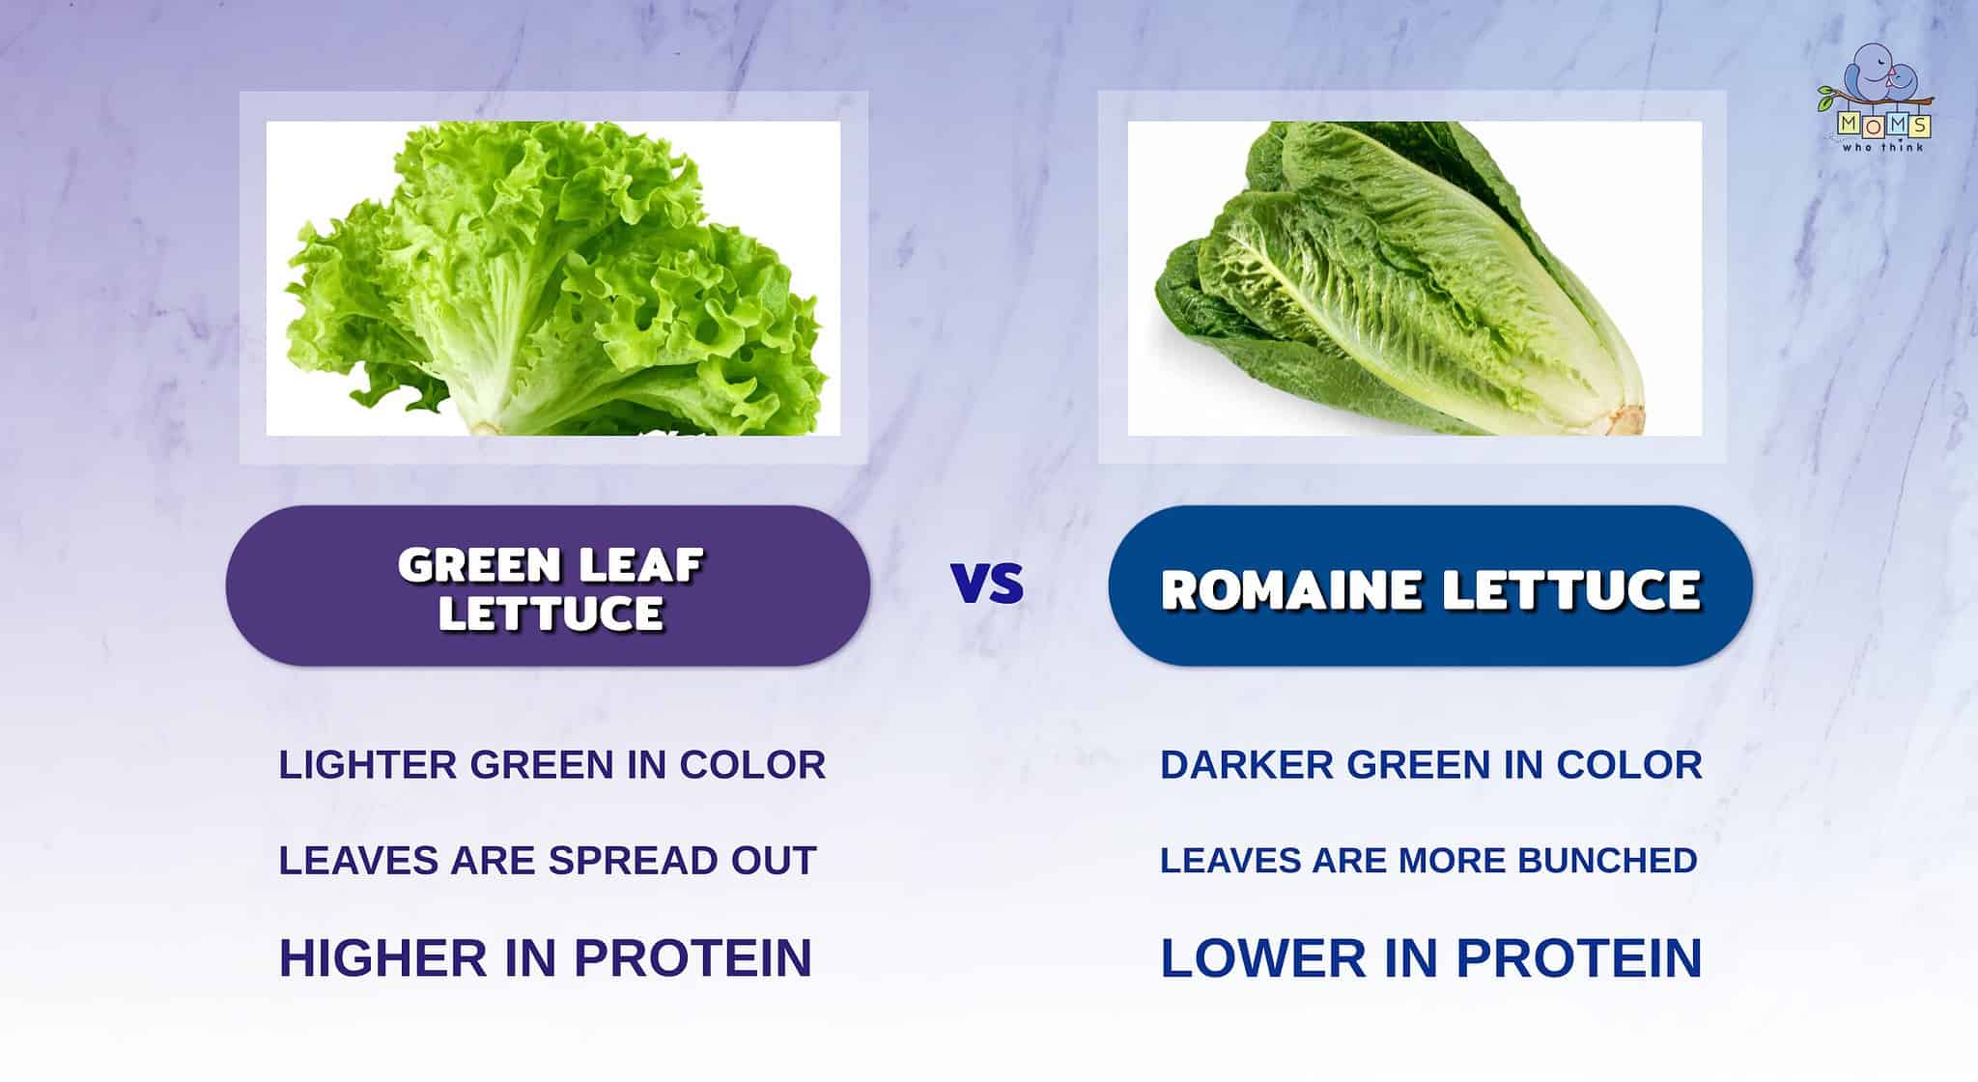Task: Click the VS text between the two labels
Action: (987, 584)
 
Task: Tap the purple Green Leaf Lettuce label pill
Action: (548, 586)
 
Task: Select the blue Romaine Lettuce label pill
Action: (1429, 586)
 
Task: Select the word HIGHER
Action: (382, 957)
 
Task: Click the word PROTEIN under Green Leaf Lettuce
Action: (692, 957)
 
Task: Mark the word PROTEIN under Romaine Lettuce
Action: (1578, 957)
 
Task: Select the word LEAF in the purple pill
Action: (646, 564)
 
